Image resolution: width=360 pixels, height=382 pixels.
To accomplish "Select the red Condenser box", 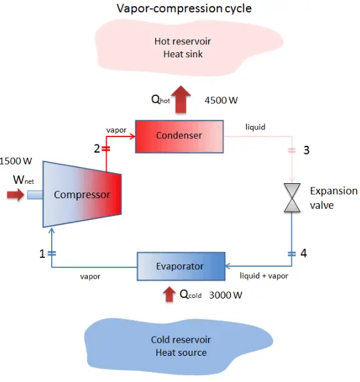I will coord(179,135).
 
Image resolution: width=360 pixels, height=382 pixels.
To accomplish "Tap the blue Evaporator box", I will coord(180,266).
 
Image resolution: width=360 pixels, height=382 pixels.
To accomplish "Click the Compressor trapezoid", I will coord(81,194).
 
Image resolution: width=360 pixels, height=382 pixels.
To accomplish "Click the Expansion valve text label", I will coord(334,198).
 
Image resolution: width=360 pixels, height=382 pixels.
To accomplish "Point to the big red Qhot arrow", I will coord(182,100).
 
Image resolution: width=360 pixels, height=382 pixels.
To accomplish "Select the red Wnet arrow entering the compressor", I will coord(15,196).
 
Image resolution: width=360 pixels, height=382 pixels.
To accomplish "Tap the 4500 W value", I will coord(221,100).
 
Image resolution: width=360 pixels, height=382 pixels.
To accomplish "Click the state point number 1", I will coord(42,254).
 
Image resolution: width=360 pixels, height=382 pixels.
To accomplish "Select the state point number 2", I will coord(97,149).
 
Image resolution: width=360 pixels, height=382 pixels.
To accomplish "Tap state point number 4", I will coord(304,254).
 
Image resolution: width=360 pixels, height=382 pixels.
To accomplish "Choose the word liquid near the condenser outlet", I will coord(255,127).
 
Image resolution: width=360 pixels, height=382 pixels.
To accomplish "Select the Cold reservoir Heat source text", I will coord(181,346).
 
